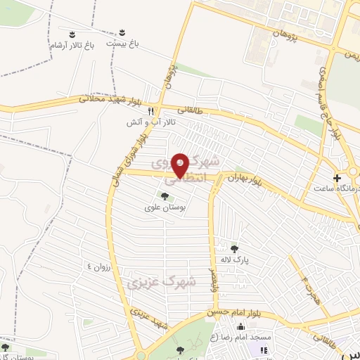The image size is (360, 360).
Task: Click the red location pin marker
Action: coord(181,166)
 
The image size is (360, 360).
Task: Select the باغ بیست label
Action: coord(123,44)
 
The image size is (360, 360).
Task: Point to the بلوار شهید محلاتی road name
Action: coord(102,99)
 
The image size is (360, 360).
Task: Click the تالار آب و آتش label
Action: coord(150,122)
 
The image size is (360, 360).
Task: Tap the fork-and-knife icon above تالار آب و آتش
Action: coord(150,110)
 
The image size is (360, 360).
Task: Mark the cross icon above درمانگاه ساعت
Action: coord(337,178)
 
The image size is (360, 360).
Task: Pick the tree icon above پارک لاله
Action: coord(234,248)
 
